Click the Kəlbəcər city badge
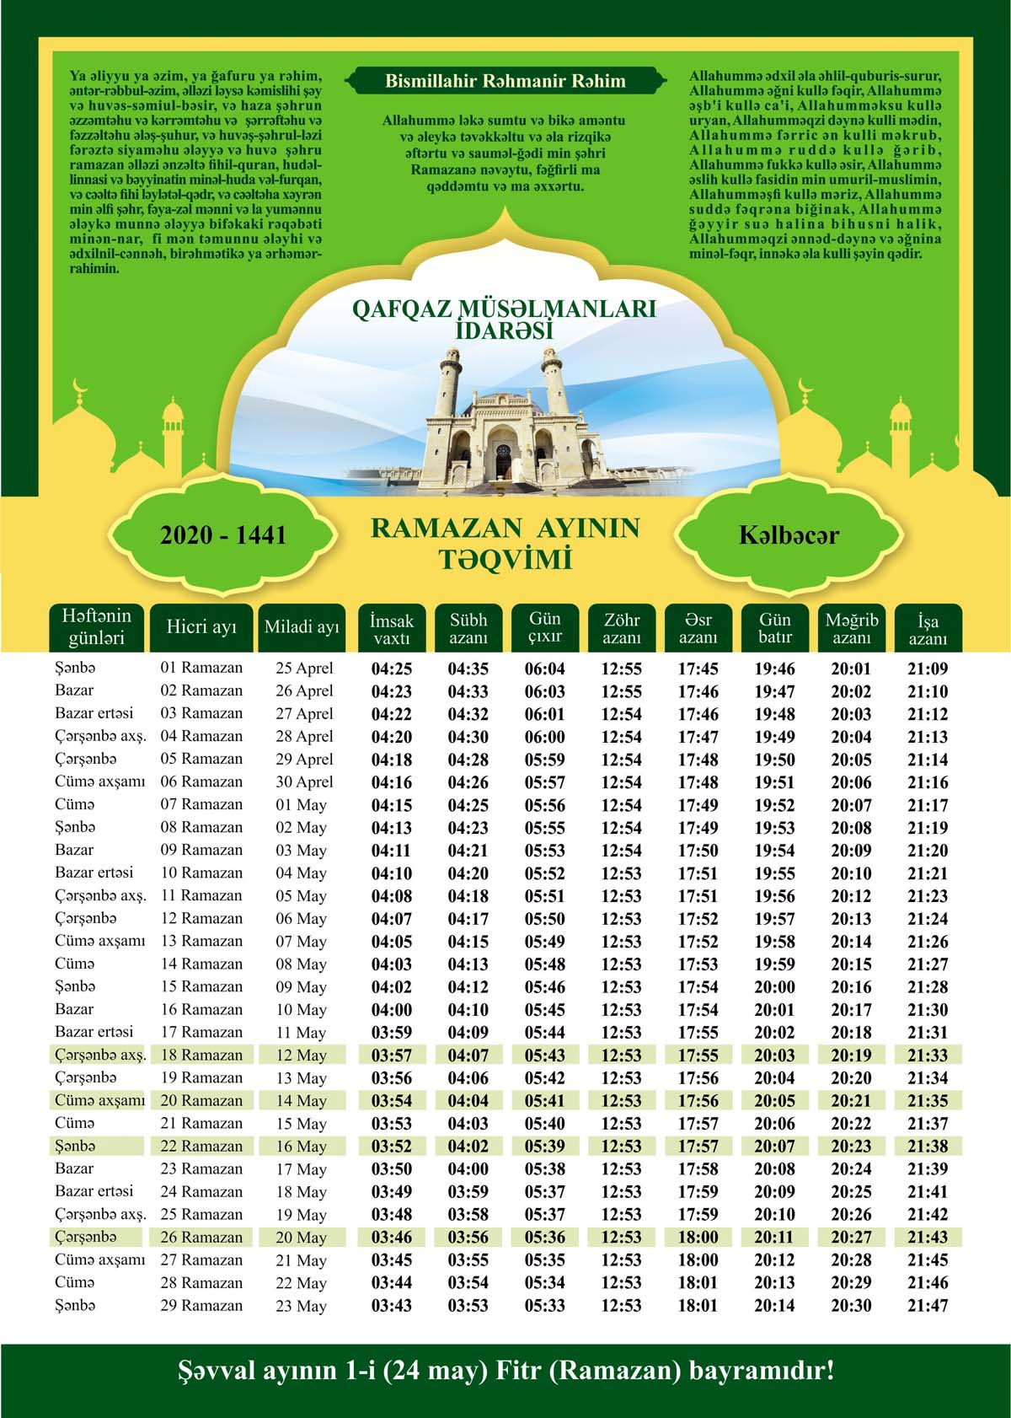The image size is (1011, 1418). coord(789,535)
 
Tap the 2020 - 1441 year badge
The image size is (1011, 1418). coord(223,535)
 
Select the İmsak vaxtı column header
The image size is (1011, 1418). coord(392,629)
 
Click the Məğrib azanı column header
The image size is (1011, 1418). coord(851,629)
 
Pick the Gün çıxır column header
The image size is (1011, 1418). coord(545,628)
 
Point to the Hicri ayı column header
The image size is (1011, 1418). coord(201,627)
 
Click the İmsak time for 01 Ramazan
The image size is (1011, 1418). coord(392,669)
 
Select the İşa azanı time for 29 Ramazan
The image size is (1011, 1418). coord(928,1306)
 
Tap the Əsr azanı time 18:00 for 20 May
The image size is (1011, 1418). coord(698,1238)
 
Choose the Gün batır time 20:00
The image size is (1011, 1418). coord(774,987)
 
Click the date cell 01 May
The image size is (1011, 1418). coord(301,805)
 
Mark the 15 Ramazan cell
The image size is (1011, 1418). coord(201,986)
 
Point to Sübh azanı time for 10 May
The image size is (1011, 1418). coord(468,1010)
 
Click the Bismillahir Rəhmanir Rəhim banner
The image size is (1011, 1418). coord(505,82)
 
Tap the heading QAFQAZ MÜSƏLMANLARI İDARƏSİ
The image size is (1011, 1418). coord(504,319)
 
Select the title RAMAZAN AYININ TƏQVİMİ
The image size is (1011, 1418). coord(505,543)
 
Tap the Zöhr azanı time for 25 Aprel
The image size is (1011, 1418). coord(621,669)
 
